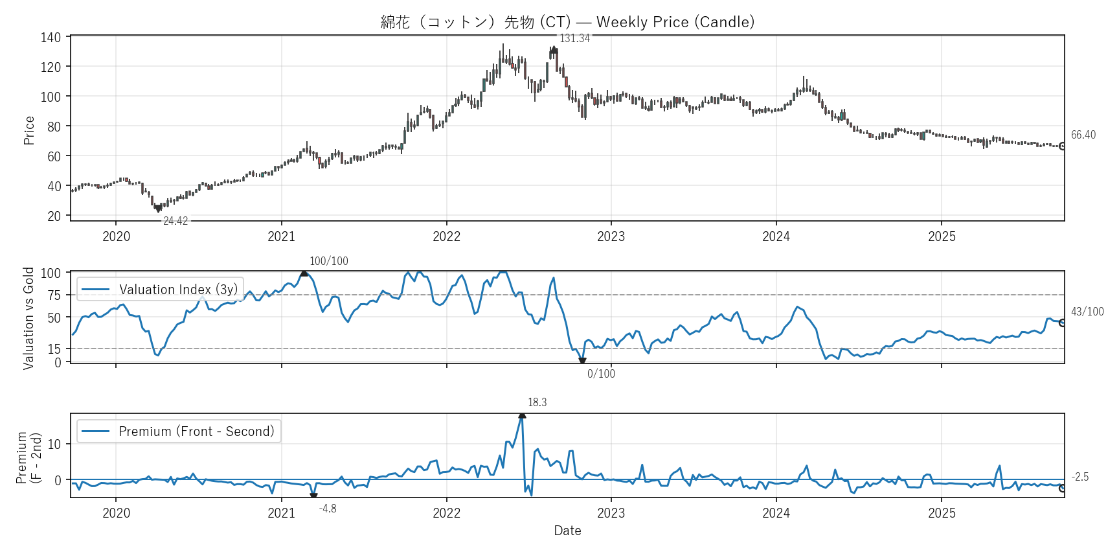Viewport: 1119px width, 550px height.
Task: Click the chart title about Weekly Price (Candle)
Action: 567,22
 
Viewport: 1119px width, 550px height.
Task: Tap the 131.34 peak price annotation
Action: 574,38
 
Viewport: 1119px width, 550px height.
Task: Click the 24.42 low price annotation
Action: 175,221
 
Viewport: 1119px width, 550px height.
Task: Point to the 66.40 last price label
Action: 1083,135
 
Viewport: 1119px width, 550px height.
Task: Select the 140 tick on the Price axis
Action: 51,38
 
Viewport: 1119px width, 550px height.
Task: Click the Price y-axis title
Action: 29,130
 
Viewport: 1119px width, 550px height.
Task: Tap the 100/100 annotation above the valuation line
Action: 328,261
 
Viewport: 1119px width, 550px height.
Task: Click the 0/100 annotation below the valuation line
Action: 601,374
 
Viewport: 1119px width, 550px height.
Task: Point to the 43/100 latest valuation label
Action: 1087,312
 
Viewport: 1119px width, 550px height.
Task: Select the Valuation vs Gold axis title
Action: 28,318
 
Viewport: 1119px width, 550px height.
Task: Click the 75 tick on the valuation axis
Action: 54,295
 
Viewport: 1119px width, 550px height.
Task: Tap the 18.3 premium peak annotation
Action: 537,402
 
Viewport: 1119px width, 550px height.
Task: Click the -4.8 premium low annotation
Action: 328,509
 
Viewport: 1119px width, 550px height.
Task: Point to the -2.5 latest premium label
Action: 1079,477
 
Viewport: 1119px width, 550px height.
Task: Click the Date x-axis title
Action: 567,531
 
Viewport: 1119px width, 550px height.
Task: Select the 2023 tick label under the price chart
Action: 611,236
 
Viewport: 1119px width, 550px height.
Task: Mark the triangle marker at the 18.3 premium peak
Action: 522,415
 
